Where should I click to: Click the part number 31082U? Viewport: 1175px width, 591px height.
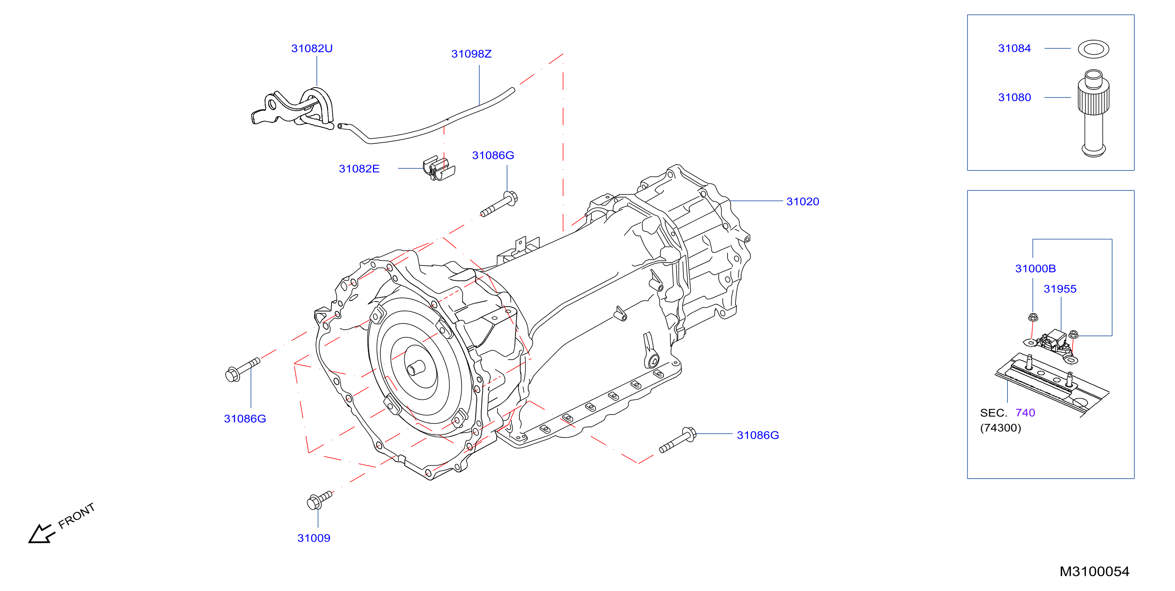tap(312, 48)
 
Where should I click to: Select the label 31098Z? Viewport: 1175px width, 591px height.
tap(471, 54)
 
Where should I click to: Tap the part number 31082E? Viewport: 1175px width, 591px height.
tap(359, 169)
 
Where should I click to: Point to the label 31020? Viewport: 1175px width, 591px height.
tap(802, 202)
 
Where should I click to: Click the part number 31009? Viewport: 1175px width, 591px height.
tap(314, 538)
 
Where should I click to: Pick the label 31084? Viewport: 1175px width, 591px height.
tap(1015, 48)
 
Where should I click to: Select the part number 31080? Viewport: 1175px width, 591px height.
tap(1015, 97)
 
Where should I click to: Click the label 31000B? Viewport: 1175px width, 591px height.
tap(1035, 268)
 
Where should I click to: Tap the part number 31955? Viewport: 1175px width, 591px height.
tap(1060, 289)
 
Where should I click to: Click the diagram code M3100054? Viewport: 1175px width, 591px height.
tap(1094, 571)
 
